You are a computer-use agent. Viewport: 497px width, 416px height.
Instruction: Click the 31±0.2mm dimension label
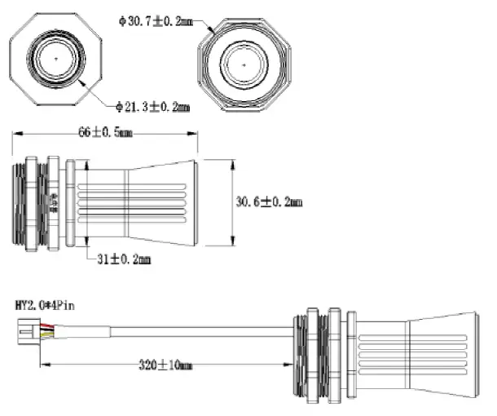pos(124,259)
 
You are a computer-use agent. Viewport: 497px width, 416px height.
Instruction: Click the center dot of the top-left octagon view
pos(55,59)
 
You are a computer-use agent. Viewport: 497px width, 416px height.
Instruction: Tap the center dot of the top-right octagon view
pos(244,63)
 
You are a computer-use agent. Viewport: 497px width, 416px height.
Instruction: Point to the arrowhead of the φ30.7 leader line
pos(213,32)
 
